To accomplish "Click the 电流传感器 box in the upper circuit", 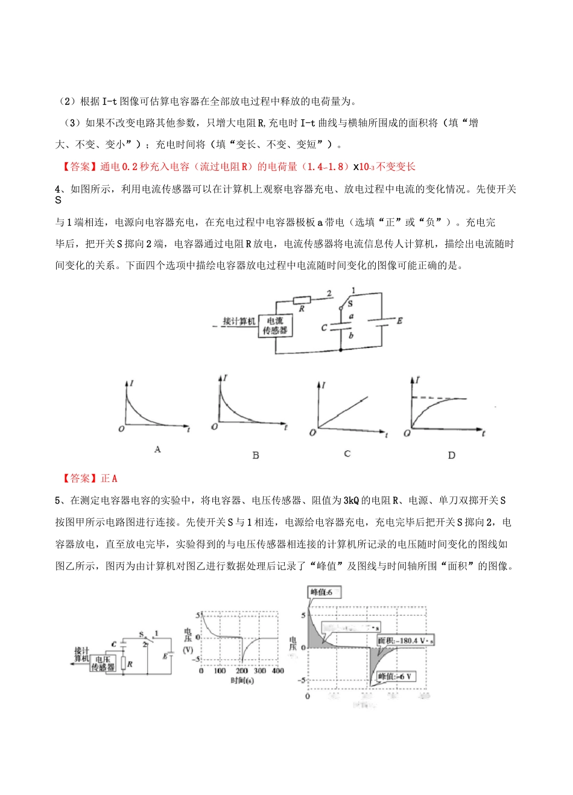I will pos(275,326).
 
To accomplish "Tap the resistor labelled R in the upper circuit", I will pos(302,300).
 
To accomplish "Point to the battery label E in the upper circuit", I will pos(399,321).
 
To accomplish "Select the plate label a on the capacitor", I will pos(351,316).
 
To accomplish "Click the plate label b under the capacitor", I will pos(351,335).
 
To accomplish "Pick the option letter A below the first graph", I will pos(157,449).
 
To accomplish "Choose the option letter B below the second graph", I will pos(256,455).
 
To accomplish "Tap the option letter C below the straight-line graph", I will pos(347,454).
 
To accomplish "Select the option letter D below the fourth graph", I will pos(451,455).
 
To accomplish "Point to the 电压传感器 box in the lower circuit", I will pos(103,664).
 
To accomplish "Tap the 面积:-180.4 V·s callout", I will pos(406,641).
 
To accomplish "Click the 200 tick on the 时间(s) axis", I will pos(241,671).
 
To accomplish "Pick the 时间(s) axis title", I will pos(242,680).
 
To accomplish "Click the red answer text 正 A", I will pos(109,478).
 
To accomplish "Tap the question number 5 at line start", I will pos(58,500).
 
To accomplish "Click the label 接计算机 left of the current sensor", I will pos(239,321).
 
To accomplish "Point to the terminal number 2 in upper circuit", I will pos(329,294).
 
